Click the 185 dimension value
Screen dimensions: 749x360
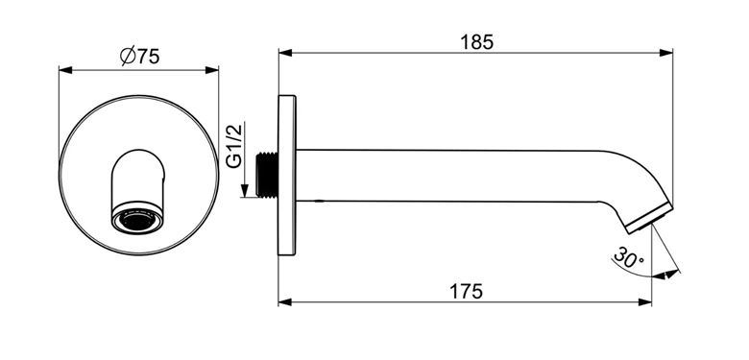click(476, 42)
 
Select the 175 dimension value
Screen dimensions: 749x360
click(467, 291)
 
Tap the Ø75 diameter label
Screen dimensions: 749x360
click(139, 57)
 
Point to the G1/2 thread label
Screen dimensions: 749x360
click(234, 145)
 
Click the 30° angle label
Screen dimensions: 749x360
click(629, 258)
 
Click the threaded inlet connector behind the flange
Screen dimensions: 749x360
click(267, 175)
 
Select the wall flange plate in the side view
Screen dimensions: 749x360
click(287, 176)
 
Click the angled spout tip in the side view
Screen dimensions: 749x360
click(648, 216)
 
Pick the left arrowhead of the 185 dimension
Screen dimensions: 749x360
click(285, 53)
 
